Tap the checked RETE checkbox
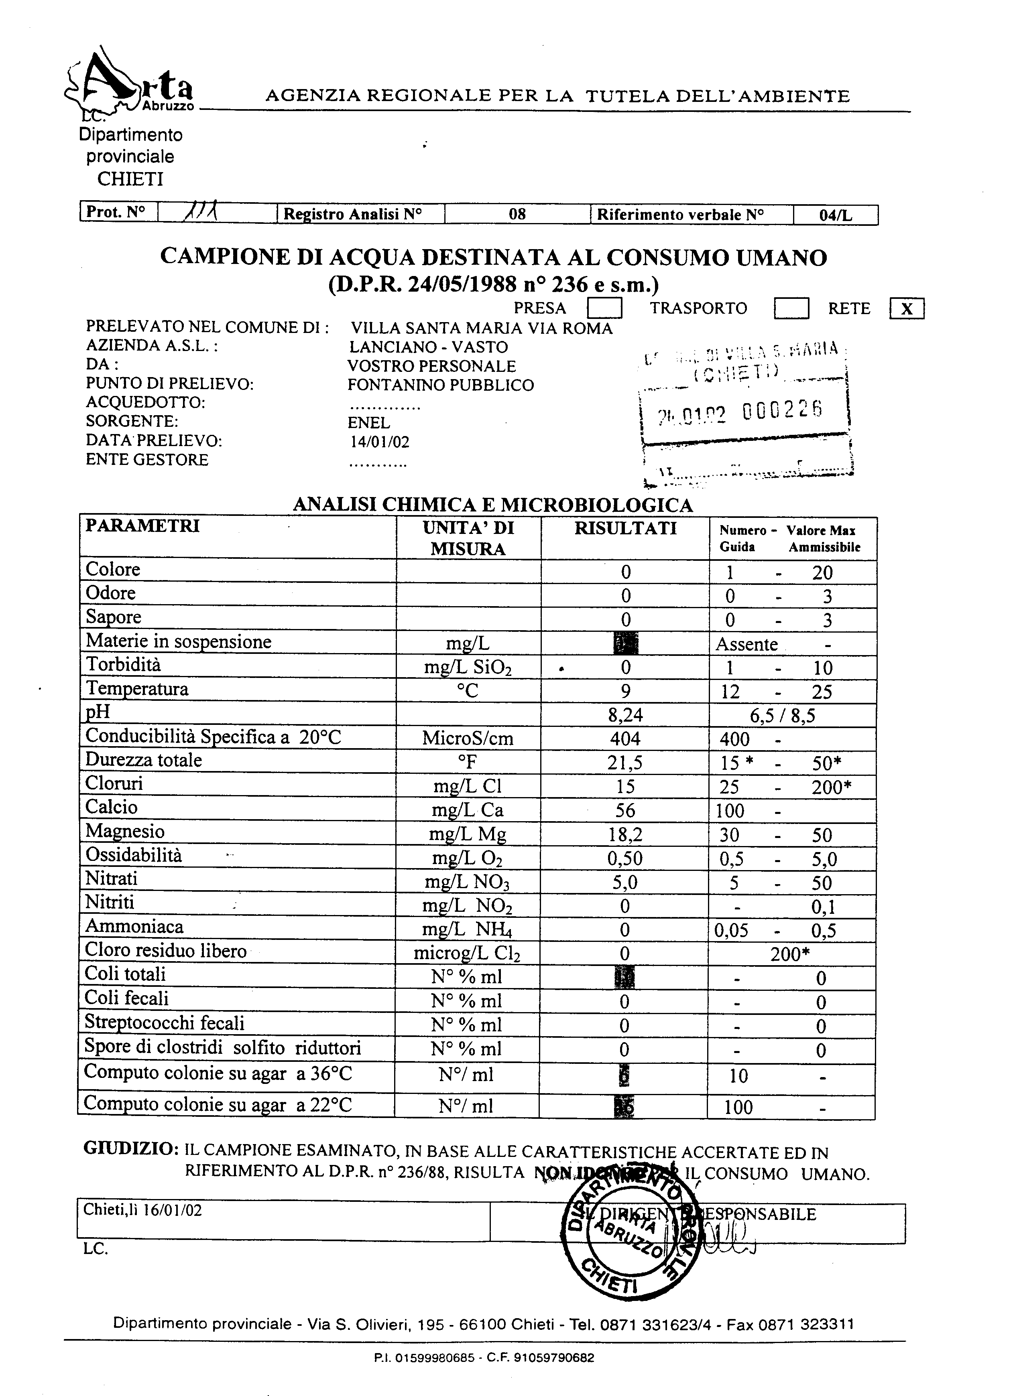coord(907,309)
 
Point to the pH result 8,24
coord(625,715)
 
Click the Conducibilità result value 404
coord(625,739)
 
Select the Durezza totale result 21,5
coord(625,763)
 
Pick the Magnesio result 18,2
coord(625,835)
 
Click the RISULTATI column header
coord(625,529)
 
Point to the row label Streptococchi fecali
coord(165,1023)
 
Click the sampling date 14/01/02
coord(379,442)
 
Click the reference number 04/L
coord(835,215)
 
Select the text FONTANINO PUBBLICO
coord(440,386)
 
